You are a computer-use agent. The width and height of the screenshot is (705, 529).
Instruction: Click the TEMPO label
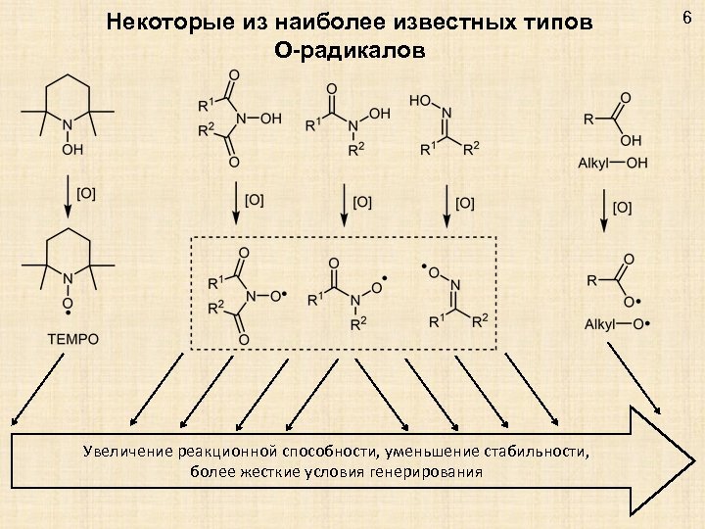coord(72,340)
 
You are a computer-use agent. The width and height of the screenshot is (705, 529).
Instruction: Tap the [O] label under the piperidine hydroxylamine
coord(86,194)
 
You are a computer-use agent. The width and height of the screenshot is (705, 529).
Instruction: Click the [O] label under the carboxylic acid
coord(623,207)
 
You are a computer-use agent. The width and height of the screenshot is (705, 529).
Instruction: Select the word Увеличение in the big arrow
coord(126,452)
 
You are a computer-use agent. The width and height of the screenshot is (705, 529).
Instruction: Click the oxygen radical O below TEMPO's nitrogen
coord(68,304)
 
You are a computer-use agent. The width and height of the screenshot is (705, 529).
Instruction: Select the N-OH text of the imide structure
coord(260,118)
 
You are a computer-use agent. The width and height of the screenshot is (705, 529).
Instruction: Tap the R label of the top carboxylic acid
coord(587,120)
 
